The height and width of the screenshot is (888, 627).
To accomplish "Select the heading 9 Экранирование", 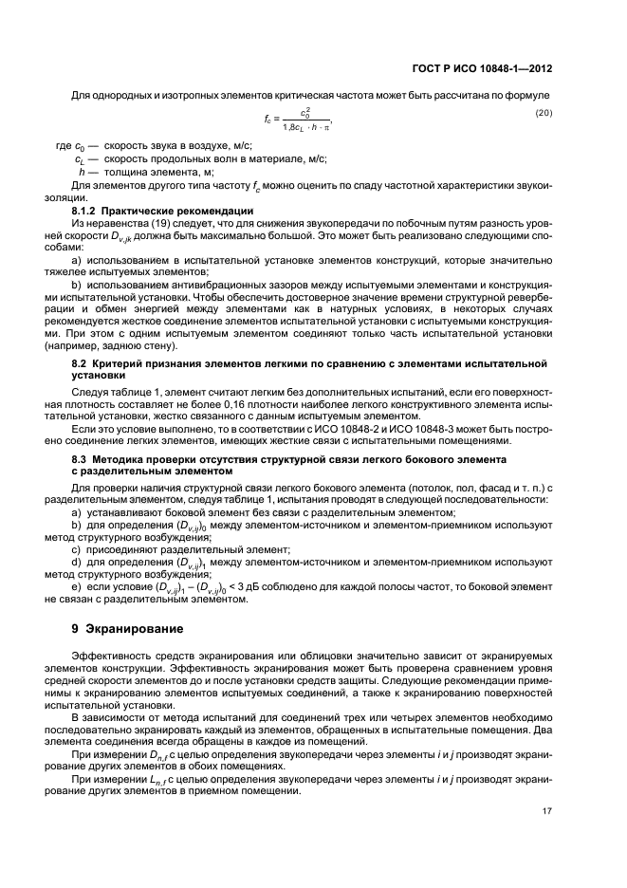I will (x=122, y=628).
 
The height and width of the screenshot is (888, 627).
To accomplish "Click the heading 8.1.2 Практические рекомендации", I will (x=162, y=209).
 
